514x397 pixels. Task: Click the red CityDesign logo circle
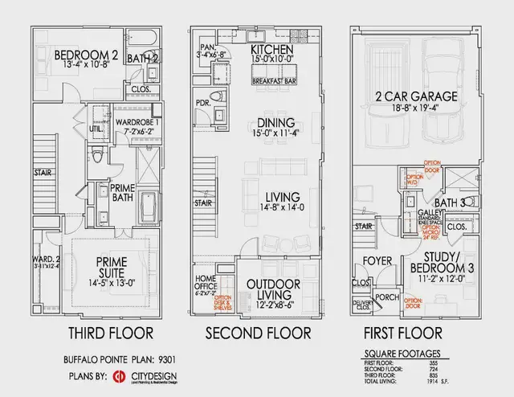click(116, 376)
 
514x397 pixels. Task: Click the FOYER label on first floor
click(376, 261)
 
